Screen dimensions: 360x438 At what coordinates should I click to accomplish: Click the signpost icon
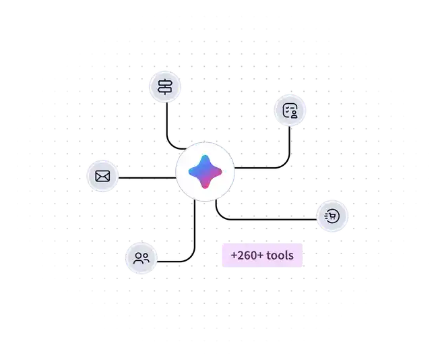coord(164,86)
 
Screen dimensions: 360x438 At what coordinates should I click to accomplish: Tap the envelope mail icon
coord(102,176)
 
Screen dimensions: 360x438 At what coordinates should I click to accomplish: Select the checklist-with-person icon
coord(290,111)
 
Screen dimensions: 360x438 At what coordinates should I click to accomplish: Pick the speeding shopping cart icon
coord(332,216)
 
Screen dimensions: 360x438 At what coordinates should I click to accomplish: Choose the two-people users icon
coord(142,258)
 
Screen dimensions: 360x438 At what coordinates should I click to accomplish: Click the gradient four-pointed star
coord(204,171)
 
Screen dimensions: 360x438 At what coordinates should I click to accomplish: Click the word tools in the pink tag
coord(280,256)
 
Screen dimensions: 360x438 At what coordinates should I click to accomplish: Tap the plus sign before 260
coord(233,256)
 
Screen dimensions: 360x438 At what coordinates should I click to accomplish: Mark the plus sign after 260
coord(260,256)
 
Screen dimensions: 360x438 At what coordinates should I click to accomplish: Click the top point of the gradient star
coord(204,156)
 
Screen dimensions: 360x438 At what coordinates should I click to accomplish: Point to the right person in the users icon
coord(146,258)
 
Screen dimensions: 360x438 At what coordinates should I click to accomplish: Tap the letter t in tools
coord(268,256)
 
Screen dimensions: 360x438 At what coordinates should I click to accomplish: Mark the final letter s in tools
coord(291,256)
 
